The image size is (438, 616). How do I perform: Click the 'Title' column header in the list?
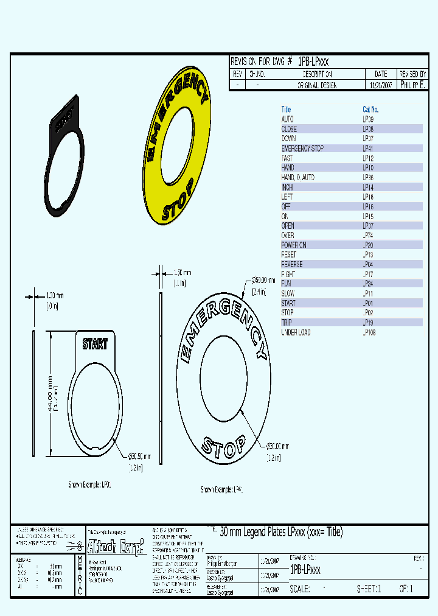[x=286, y=110]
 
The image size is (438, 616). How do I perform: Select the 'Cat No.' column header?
[x=370, y=110]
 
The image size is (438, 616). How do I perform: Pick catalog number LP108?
[x=369, y=332]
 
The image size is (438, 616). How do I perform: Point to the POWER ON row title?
[x=294, y=245]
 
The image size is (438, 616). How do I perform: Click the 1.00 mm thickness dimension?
[x=55, y=296]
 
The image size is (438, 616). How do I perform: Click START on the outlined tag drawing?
[x=95, y=344]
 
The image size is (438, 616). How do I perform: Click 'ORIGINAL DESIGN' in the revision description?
[x=317, y=86]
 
